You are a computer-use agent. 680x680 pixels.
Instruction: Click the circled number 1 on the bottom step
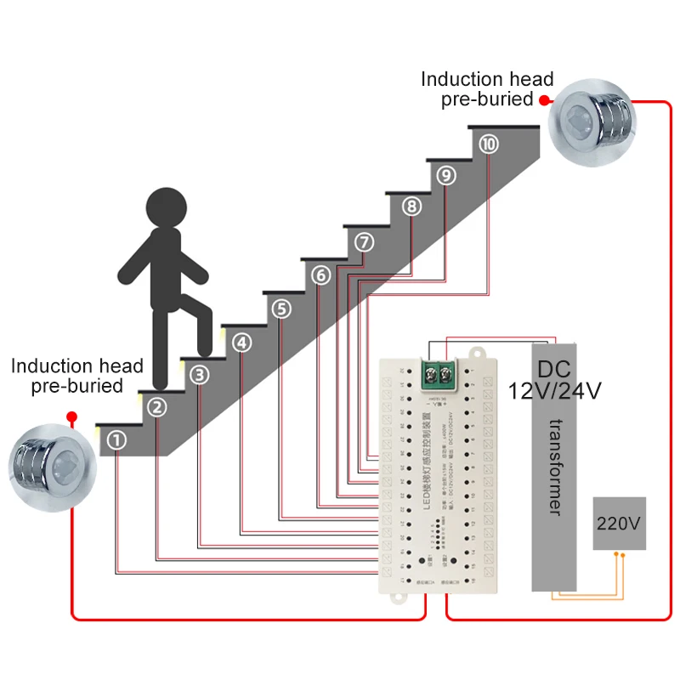tap(117, 439)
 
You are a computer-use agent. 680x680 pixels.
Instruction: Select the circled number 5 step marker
tap(282, 309)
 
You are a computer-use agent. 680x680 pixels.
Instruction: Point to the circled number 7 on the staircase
tap(365, 242)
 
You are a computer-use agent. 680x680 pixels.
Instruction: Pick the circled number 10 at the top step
tap(488, 144)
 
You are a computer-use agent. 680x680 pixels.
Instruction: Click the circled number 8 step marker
tap(411, 207)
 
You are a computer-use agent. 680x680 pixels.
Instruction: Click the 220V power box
tap(619, 524)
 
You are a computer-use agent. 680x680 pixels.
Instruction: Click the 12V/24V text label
tap(555, 392)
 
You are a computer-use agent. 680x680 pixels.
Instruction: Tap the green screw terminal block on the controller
tap(442, 371)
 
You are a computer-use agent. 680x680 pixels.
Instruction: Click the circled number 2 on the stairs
tap(157, 407)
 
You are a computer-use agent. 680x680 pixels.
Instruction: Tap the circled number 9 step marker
tap(447, 175)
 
